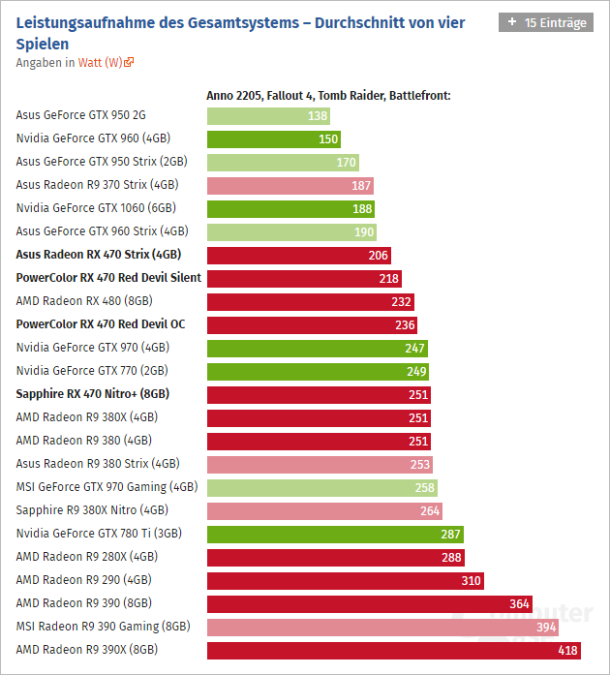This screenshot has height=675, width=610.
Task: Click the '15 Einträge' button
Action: point(545,22)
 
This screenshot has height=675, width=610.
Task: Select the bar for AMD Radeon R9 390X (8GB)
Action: point(393,650)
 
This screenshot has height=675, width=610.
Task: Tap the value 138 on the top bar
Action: point(317,115)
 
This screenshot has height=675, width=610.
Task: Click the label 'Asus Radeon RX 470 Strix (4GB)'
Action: point(98,255)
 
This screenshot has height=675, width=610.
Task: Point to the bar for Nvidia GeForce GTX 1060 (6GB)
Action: point(290,208)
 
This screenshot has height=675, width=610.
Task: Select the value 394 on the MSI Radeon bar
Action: point(546,627)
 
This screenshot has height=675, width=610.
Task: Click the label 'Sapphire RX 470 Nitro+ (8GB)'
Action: point(93,394)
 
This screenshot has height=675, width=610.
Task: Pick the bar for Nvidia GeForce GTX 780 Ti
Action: point(335,534)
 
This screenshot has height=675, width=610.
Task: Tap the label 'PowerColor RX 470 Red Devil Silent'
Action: point(108,278)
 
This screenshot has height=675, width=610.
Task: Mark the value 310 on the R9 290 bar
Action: point(471,580)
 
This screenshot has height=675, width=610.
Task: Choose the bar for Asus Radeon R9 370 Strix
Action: point(290,185)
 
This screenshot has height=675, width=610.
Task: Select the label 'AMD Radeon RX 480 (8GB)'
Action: point(84,301)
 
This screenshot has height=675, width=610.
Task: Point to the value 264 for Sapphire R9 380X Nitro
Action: point(429,510)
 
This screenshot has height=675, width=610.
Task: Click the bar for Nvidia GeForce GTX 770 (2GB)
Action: point(318,371)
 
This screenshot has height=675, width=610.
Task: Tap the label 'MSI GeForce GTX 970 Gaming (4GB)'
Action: point(107,487)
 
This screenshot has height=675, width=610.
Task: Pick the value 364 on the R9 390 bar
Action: point(519,603)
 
